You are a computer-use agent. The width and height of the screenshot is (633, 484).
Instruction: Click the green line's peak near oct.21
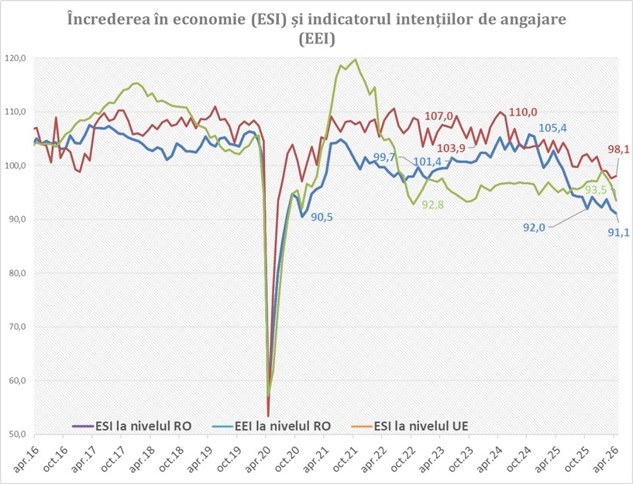[356, 59]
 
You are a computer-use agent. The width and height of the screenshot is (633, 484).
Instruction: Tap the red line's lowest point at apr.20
[268, 416]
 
